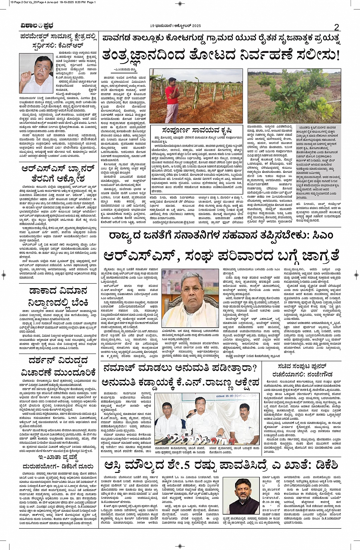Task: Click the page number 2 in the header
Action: click(x=336, y=27)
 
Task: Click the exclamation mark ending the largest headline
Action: click(x=337, y=55)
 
